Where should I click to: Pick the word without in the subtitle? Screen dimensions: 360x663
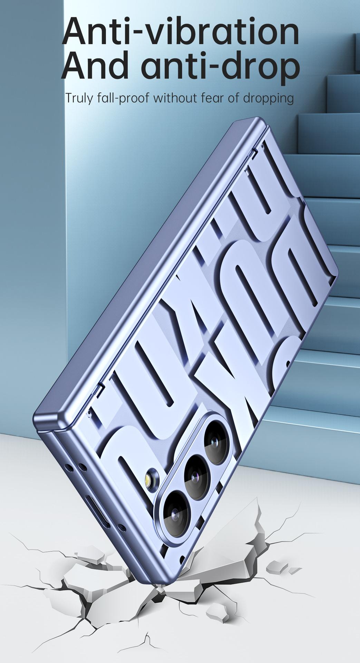pyautogui.click(x=176, y=98)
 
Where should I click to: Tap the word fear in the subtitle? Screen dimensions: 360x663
pyautogui.click(x=213, y=98)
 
